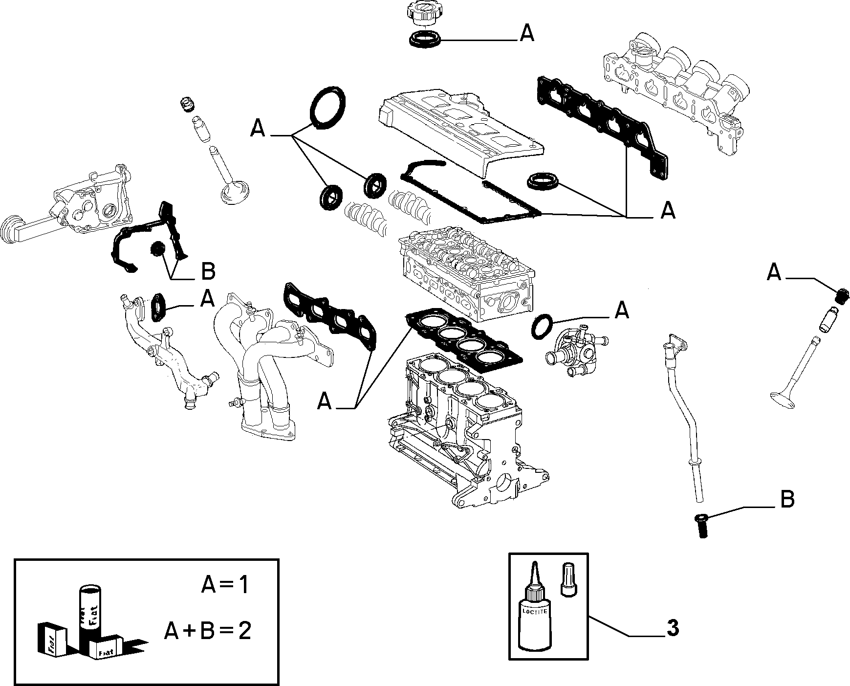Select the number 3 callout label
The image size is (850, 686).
click(673, 628)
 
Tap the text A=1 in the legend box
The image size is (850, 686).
click(225, 585)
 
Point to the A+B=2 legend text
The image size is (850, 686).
click(207, 632)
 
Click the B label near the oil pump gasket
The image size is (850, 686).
click(208, 272)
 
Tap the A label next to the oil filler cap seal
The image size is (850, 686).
click(526, 33)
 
